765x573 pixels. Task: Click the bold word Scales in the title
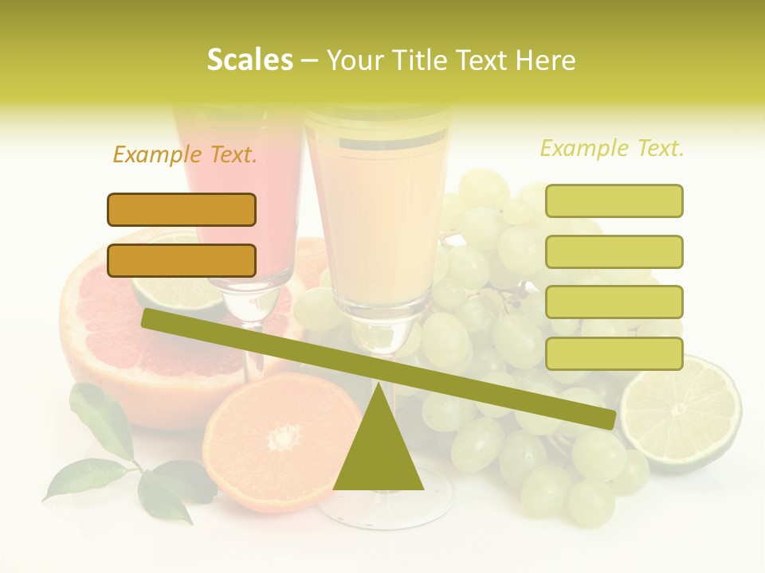point(249,60)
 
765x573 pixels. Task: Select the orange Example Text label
point(185,154)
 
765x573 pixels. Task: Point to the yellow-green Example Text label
point(612,148)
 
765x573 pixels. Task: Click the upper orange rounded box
point(182,209)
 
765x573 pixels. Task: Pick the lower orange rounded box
point(182,260)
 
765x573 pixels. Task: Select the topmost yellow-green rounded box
point(614,201)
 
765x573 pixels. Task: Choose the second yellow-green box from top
point(614,251)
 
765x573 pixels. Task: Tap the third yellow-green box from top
point(614,302)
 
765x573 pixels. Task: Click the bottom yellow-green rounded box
point(614,353)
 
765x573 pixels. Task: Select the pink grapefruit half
point(104,334)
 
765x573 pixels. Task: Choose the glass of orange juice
point(375,215)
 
